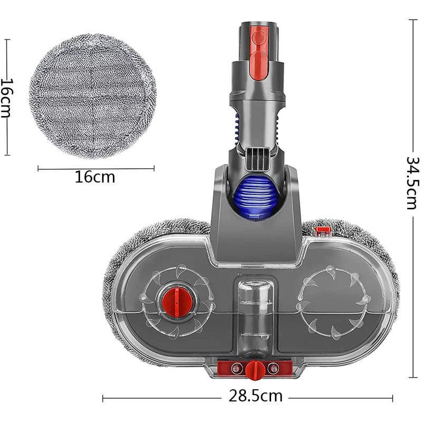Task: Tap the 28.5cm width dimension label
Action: (255, 396)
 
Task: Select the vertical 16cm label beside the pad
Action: (7, 98)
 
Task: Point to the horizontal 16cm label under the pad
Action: (95, 177)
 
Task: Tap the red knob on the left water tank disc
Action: (177, 301)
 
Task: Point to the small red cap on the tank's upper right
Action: (323, 231)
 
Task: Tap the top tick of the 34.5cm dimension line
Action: (413, 20)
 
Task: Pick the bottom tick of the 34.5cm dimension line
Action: (413, 377)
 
